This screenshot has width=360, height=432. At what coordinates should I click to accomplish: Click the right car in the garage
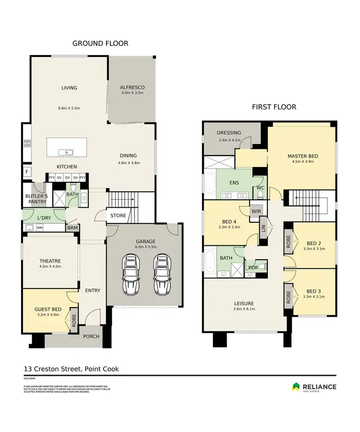162,275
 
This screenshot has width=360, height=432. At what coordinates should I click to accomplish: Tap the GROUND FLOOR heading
100,43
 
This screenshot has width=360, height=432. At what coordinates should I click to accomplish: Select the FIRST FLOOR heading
274,107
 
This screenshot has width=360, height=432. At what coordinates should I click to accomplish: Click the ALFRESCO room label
132,87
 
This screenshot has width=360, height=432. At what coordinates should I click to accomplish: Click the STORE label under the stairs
118,216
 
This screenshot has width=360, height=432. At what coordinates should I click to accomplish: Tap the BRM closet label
72,228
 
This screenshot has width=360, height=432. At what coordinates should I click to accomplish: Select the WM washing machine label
40,228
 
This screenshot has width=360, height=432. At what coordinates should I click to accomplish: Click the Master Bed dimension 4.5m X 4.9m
303,162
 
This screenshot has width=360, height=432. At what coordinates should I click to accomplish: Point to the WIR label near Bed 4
255,210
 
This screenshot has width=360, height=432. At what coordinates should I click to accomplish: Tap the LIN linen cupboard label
263,224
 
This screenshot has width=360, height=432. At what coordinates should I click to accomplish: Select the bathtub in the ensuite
210,184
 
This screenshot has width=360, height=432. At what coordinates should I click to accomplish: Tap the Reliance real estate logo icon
296,386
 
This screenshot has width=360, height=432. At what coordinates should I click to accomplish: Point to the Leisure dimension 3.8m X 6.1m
244,309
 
